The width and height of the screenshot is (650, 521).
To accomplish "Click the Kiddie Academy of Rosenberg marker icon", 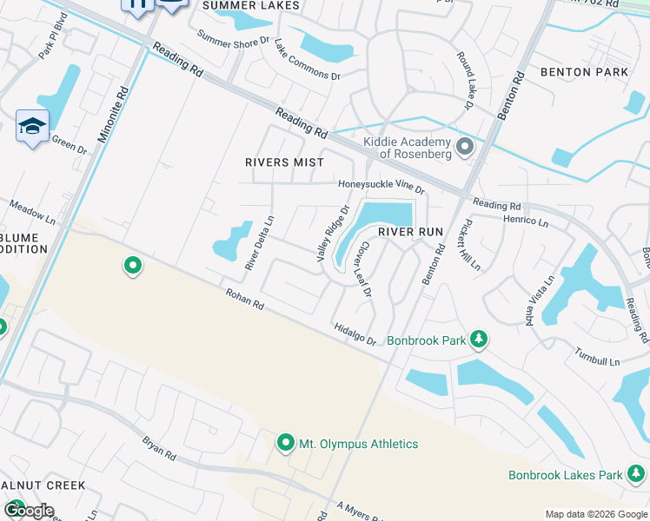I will point(464,147).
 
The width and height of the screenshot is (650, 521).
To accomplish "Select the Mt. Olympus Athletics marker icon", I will point(285,444).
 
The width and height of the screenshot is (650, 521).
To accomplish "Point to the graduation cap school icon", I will point(32,126).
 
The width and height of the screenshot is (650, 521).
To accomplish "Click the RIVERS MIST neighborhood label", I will point(284,162).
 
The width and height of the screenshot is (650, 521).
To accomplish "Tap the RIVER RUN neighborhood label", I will point(409,233).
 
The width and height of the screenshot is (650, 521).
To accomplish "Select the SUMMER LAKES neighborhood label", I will point(251,5).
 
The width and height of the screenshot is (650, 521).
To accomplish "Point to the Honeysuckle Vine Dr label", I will point(381,185).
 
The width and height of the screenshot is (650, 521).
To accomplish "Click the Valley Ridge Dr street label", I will point(333,234).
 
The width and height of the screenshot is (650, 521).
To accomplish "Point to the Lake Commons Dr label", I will point(307,59).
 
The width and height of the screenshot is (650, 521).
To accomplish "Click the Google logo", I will point(28,511).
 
